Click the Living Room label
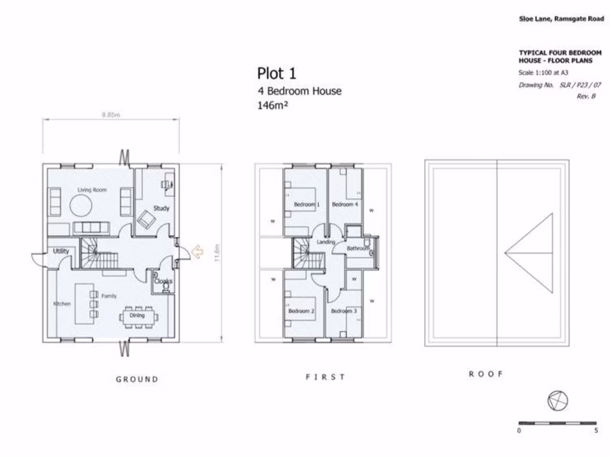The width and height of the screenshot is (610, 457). [x=92, y=190]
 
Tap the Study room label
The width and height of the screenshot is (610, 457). [x=161, y=208]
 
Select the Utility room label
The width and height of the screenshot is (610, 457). [x=61, y=251]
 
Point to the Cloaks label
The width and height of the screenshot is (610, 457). [x=163, y=281]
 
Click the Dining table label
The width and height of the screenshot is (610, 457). [x=137, y=315]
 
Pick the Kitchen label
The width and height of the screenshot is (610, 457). [x=62, y=303]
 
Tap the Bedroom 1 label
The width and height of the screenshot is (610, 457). [x=307, y=205]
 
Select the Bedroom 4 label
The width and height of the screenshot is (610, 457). [x=345, y=205]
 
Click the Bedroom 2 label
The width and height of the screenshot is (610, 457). [x=301, y=311]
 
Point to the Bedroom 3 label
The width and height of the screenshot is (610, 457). [x=344, y=311]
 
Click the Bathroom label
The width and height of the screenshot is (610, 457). [x=358, y=248]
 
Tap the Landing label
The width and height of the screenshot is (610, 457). [x=326, y=242]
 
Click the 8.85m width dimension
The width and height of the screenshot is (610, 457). [x=111, y=115]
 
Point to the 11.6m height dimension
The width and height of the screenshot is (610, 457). [x=217, y=252]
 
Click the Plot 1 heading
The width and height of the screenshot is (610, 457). [x=276, y=73]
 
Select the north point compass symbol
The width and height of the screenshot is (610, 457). [x=558, y=401]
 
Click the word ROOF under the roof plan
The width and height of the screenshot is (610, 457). [x=486, y=374]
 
